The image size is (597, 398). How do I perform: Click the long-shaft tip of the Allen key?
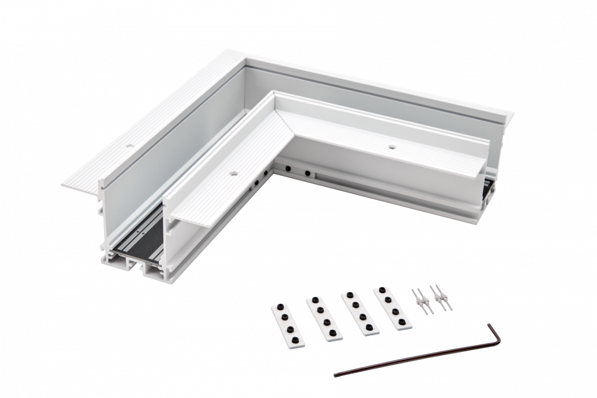[335, 373]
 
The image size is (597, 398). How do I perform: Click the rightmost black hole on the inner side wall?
[307, 173]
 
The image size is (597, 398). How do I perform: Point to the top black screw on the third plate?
[346, 296]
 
